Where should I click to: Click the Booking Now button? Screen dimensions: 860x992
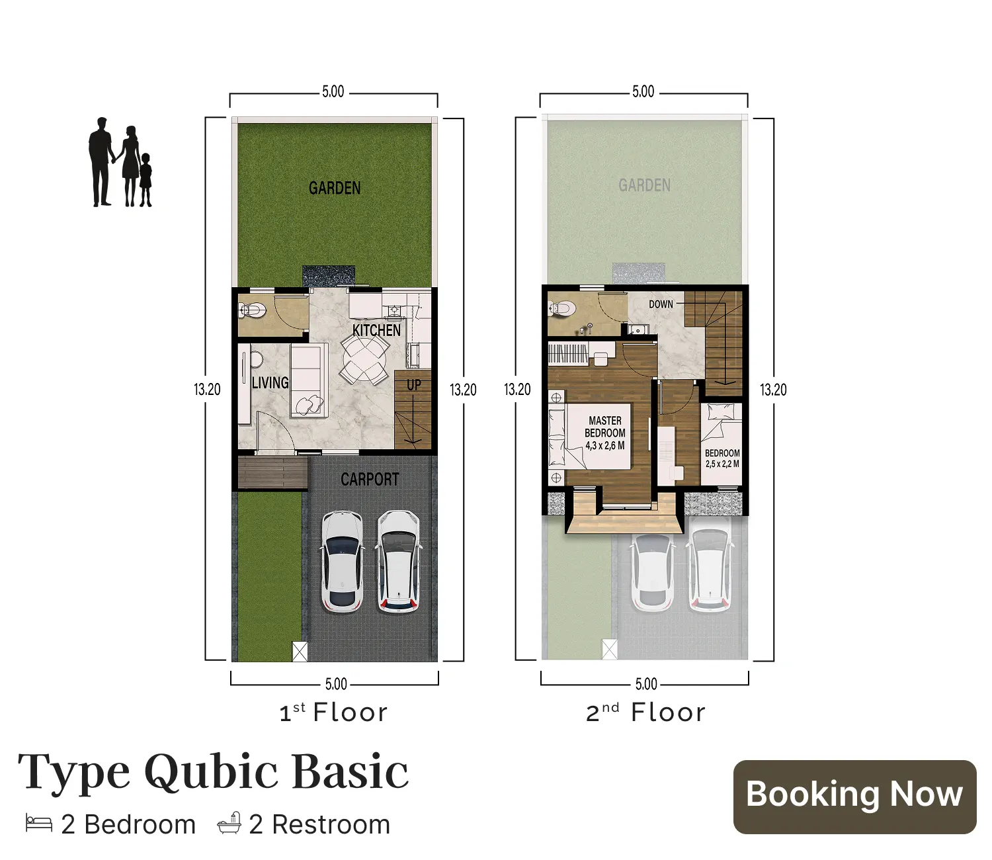[x=854, y=796]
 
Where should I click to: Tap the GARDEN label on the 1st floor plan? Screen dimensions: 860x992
[x=335, y=189]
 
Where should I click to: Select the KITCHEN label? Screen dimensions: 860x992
[x=376, y=330]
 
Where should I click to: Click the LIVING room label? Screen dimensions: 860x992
[x=270, y=383]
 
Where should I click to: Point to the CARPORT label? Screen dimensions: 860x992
[x=370, y=480]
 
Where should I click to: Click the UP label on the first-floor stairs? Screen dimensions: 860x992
[x=414, y=385]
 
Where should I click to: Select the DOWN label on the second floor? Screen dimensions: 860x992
[x=661, y=304]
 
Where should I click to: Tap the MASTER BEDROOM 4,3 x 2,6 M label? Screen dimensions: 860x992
[x=605, y=433]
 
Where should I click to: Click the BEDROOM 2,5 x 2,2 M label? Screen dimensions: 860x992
[x=722, y=458]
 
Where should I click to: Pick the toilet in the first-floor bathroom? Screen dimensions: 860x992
[x=252, y=310]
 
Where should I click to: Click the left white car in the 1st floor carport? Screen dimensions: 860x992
[x=342, y=561]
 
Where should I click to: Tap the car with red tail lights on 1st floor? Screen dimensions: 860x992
[x=398, y=561]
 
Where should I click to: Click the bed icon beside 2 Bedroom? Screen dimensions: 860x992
[x=39, y=824]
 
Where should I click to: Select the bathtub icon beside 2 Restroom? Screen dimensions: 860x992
[x=229, y=824]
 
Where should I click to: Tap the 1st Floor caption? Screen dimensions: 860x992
[x=333, y=712]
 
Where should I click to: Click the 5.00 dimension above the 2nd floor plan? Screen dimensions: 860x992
[x=643, y=92]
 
